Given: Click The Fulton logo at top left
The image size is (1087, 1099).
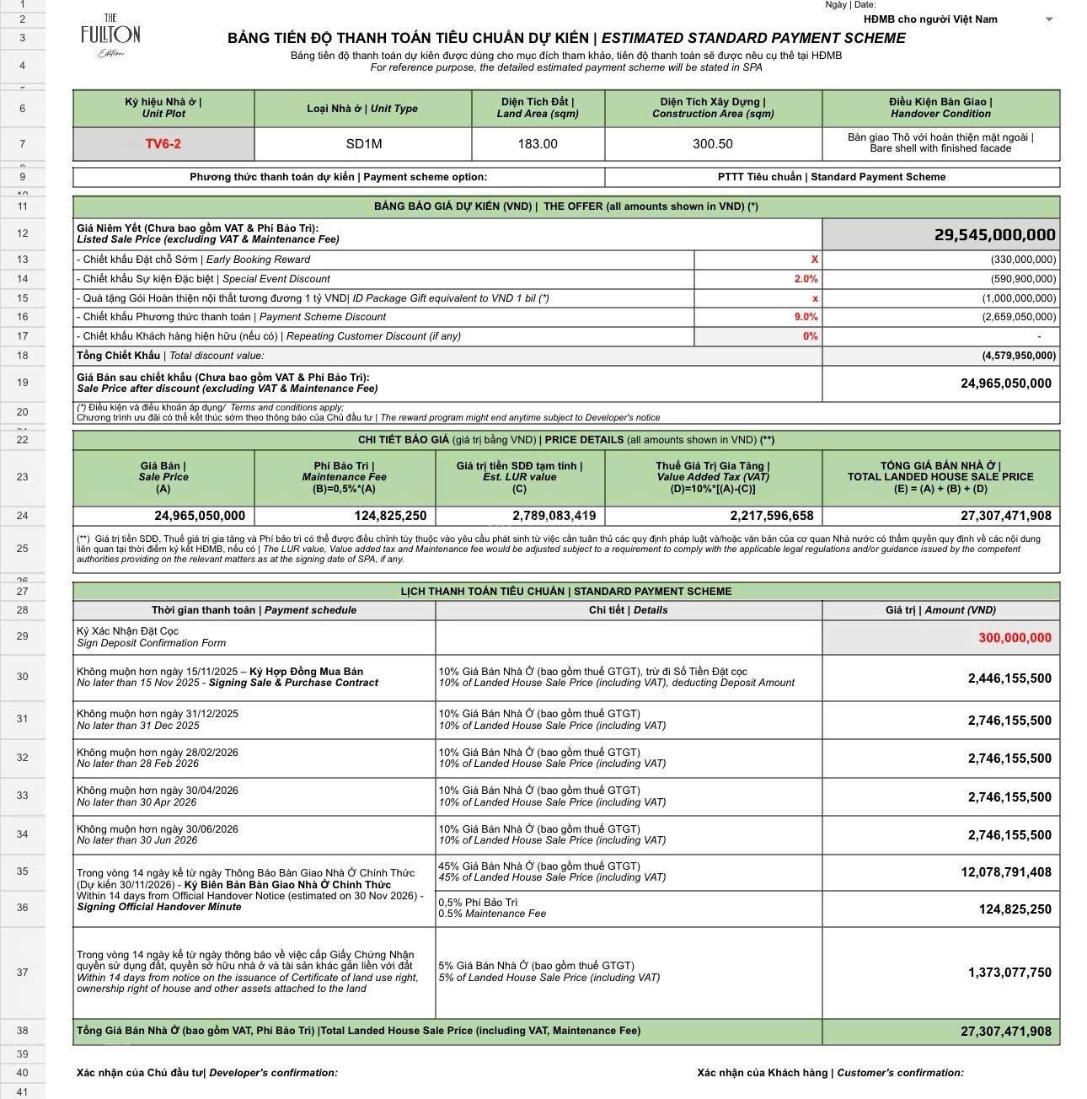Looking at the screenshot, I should pos(110,35).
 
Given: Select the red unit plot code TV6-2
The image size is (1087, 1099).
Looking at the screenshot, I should pos(163,144).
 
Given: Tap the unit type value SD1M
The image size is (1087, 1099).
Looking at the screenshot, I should pos(363,144).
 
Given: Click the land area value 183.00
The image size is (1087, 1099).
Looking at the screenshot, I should pos(538,144).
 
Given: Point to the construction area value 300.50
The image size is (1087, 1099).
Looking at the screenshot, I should pos(713,144).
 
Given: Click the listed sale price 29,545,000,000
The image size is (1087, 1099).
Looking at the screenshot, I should pos(994,234).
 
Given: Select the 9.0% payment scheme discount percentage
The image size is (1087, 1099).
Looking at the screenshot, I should pos(805,317).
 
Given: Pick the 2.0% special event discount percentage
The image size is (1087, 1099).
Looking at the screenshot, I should pos(805,279).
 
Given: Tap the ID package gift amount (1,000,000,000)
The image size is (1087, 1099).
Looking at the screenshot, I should pos(1019,298).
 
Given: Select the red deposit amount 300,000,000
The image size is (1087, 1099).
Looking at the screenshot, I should pos(1015,638).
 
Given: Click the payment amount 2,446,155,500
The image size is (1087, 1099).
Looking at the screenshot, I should pos(1009,678).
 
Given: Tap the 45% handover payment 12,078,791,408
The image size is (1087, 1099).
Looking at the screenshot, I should pos(1006,872).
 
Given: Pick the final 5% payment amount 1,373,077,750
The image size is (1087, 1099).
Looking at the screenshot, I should pos(1009,973).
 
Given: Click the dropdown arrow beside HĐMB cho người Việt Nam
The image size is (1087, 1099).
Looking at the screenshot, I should pos(1049,19).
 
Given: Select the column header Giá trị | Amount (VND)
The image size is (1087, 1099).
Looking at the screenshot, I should pos(940,610).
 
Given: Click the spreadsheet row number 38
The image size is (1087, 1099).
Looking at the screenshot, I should pos(22,1031).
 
